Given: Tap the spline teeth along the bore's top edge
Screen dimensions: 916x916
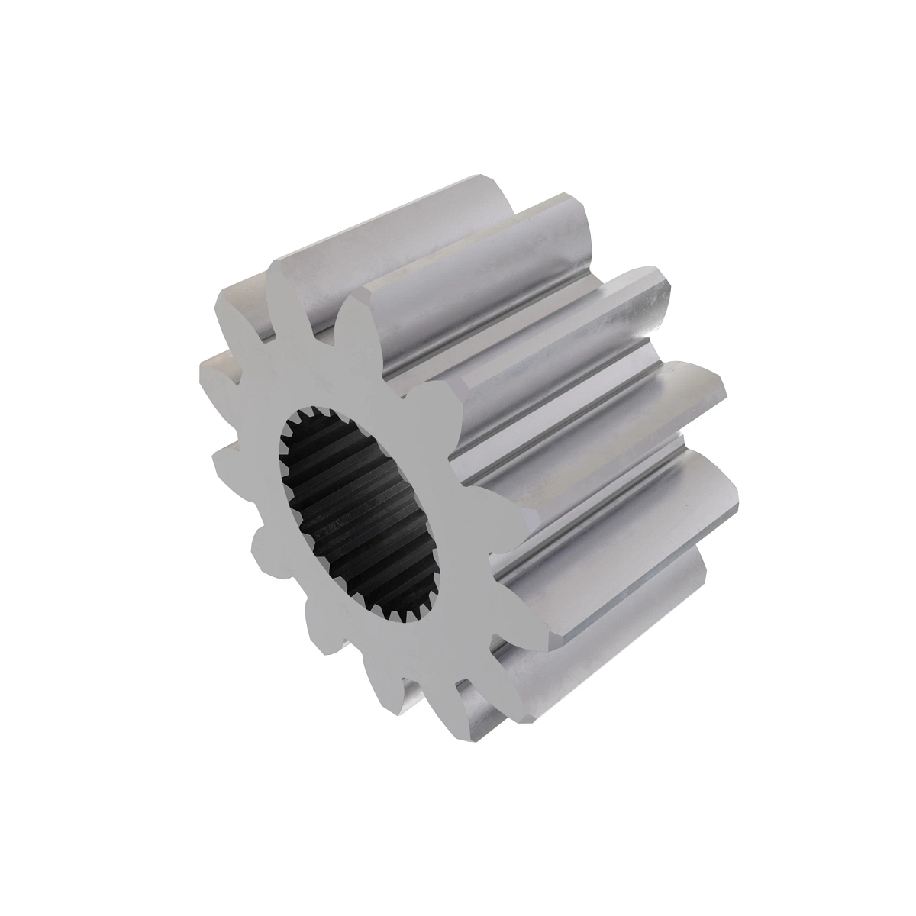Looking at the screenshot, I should [x=336, y=416].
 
